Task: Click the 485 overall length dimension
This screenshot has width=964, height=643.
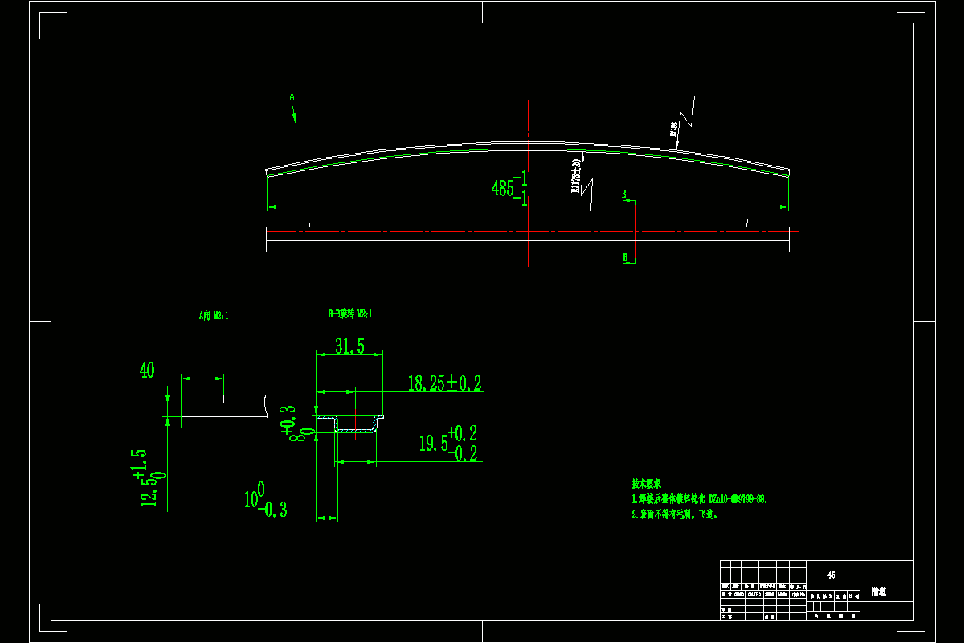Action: [509, 189]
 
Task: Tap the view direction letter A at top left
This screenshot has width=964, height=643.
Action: [292, 96]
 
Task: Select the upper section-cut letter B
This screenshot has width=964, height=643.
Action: [623, 194]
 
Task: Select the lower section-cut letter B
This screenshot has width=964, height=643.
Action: [625, 257]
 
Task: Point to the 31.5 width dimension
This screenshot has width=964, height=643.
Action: [349, 346]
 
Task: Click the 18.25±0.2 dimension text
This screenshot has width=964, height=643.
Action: [444, 383]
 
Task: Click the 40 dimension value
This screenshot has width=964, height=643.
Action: [147, 371]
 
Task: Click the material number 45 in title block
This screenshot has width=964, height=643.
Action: [831, 575]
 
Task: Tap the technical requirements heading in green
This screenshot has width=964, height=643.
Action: [646, 485]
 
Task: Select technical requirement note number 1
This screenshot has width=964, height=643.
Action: [699, 499]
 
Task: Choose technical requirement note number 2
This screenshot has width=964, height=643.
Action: [674, 514]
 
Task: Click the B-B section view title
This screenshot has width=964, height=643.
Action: [349, 314]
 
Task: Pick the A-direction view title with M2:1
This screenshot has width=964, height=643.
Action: [214, 316]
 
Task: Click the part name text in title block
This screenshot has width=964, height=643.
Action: [879, 592]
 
